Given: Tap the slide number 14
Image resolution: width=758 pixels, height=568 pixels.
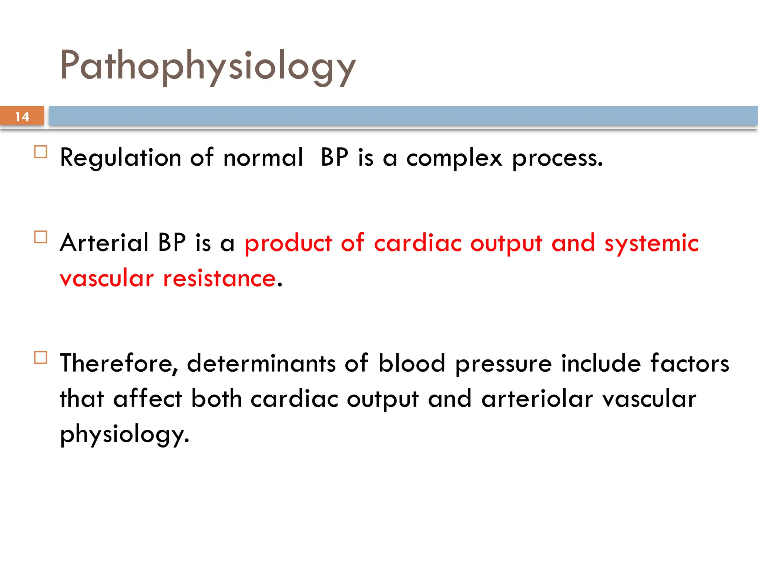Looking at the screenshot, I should tap(22, 117).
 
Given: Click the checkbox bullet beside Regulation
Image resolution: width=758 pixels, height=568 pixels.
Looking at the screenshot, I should tap(41, 152).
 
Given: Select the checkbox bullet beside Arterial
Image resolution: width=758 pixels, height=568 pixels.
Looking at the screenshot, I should tap(41, 237).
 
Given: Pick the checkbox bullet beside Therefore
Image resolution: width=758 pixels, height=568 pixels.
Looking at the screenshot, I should tap(41, 358).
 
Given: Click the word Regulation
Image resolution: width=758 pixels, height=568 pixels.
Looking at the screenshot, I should tap(121, 158).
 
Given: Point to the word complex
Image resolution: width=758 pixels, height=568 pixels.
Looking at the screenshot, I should tap(454, 158).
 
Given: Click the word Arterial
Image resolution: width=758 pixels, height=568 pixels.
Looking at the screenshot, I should tap(104, 243).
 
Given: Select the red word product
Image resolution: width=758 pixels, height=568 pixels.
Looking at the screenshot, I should tap(288, 244).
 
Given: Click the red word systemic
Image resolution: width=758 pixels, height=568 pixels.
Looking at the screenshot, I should tap(651, 244).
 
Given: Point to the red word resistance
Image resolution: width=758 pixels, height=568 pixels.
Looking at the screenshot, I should tap(219, 278).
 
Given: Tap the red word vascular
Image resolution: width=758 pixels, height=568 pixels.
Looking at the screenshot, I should tap(107, 278).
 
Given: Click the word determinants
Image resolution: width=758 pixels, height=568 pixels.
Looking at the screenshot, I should tap(261, 364).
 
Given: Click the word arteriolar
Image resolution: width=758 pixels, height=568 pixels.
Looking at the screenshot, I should tap(537, 399).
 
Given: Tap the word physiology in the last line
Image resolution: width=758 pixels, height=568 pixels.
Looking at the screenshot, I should tap(124, 435).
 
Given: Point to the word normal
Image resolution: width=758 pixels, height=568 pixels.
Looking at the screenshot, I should tap(263, 158).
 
